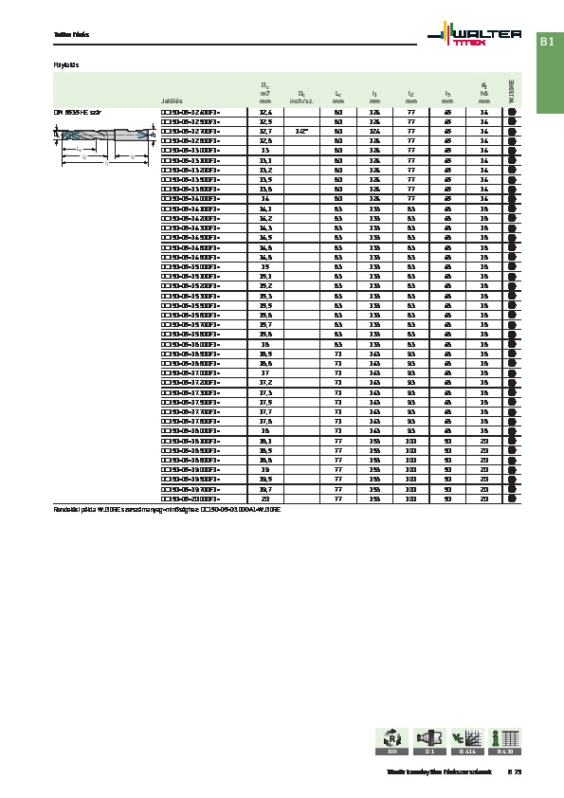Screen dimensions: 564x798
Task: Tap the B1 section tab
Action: point(547,42)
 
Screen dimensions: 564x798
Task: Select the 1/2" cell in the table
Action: point(300,131)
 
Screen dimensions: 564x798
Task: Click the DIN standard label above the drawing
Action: point(77,112)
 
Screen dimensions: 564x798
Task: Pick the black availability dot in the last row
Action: point(512,498)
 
